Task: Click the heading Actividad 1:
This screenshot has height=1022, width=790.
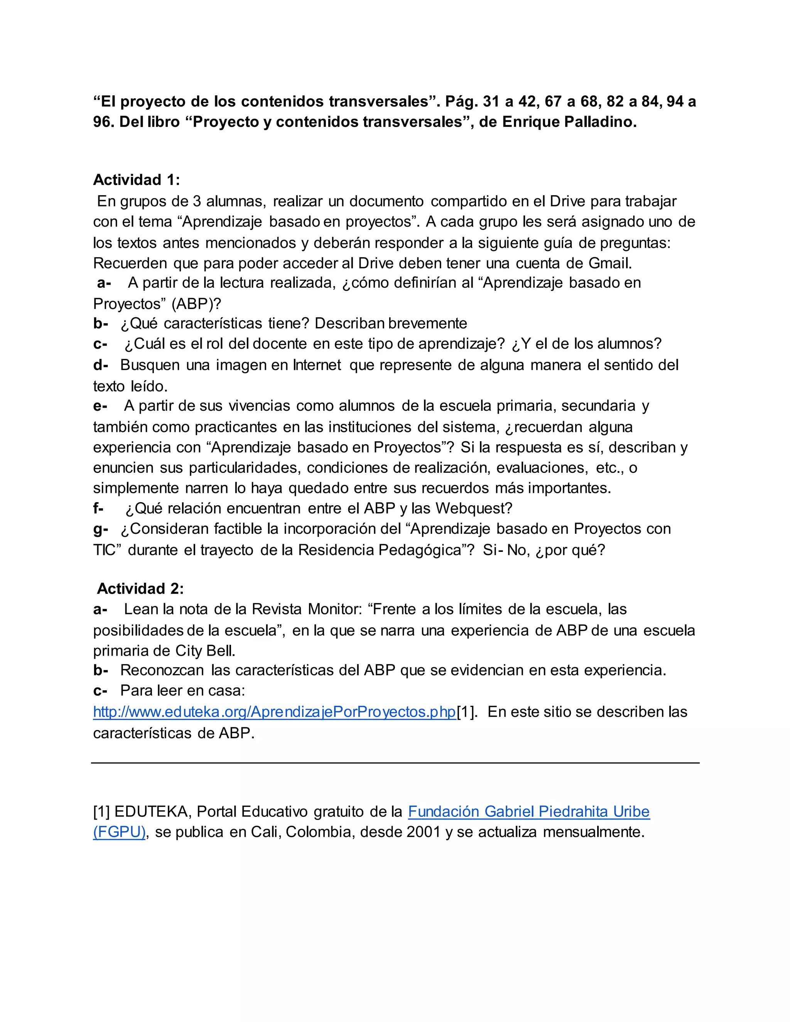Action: click(x=136, y=180)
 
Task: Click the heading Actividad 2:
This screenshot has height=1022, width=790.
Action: click(x=140, y=588)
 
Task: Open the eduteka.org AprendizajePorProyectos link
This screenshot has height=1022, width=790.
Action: click(x=274, y=712)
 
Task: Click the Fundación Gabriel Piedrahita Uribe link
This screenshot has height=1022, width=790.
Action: click(x=528, y=811)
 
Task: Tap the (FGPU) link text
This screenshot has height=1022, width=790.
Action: click(x=119, y=832)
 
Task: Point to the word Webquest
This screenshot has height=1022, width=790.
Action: click(x=474, y=508)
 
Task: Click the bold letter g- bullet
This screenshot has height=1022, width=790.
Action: click(x=101, y=529)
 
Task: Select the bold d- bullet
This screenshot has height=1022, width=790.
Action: click(x=101, y=365)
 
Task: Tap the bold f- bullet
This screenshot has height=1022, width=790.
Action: click(x=98, y=508)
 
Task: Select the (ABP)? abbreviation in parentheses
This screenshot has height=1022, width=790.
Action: click(x=196, y=304)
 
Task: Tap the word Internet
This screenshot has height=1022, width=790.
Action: click(x=317, y=365)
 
